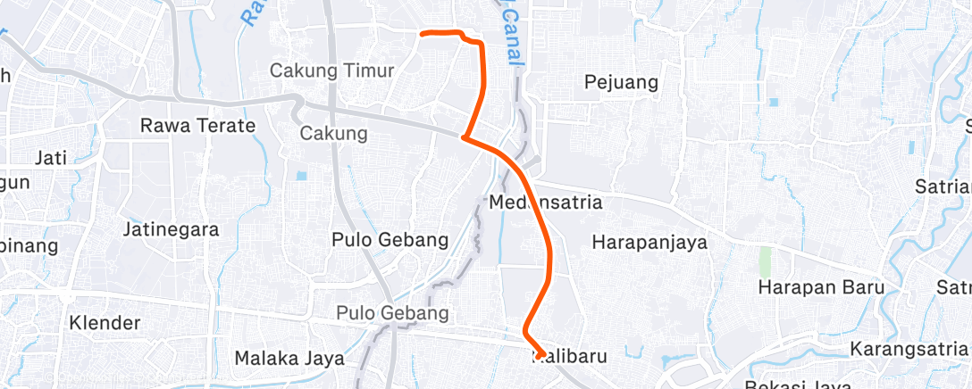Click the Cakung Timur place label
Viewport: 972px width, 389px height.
point(331,70)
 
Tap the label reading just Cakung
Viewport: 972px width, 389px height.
point(333,134)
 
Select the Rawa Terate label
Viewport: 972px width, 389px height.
point(197,126)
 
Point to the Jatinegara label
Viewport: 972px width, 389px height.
point(171,229)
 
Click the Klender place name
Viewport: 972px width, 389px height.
point(105,322)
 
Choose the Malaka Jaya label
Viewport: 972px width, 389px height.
point(289,359)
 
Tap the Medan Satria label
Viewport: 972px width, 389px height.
point(546,203)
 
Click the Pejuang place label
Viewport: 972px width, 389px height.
point(621,83)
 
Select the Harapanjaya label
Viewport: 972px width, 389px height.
point(649,242)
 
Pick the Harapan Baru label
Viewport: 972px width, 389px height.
point(821,287)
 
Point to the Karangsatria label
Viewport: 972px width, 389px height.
point(908,347)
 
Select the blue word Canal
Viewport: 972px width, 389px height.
point(510,37)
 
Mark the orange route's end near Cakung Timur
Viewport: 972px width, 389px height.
point(422,33)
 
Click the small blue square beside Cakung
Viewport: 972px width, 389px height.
point(300,175)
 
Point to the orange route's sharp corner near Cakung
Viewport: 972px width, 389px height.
point(463,137)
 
